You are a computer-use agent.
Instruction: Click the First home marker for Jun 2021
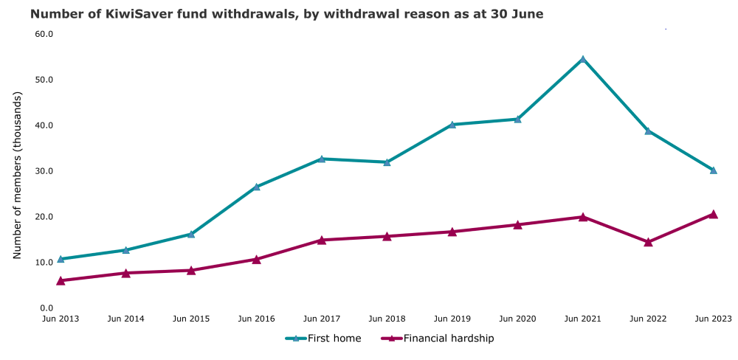point(583,59)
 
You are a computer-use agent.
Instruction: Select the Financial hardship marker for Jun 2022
point(648,242)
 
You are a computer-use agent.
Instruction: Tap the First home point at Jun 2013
point(61,259)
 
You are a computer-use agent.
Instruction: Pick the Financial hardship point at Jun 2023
point(713,214)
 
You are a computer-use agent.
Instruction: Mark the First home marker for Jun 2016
point(256,187)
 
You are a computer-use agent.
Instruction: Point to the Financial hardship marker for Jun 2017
point(322,240)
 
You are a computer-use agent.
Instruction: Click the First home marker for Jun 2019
point(452,125)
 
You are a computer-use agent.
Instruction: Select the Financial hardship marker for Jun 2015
point(191,270)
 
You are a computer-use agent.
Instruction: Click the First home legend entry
point(324,339)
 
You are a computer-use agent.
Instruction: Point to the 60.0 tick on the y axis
point(44,34)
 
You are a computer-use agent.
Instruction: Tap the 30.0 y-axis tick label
point(44,171)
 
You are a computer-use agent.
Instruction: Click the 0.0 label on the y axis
point(46,308)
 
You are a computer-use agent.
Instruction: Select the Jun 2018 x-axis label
point(387,319)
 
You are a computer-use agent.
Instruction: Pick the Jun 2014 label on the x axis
point(126,319)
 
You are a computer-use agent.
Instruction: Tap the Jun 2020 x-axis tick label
point(517,319)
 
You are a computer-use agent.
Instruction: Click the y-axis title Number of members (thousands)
point(18,175)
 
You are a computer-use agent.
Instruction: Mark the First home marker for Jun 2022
point(648,131)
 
